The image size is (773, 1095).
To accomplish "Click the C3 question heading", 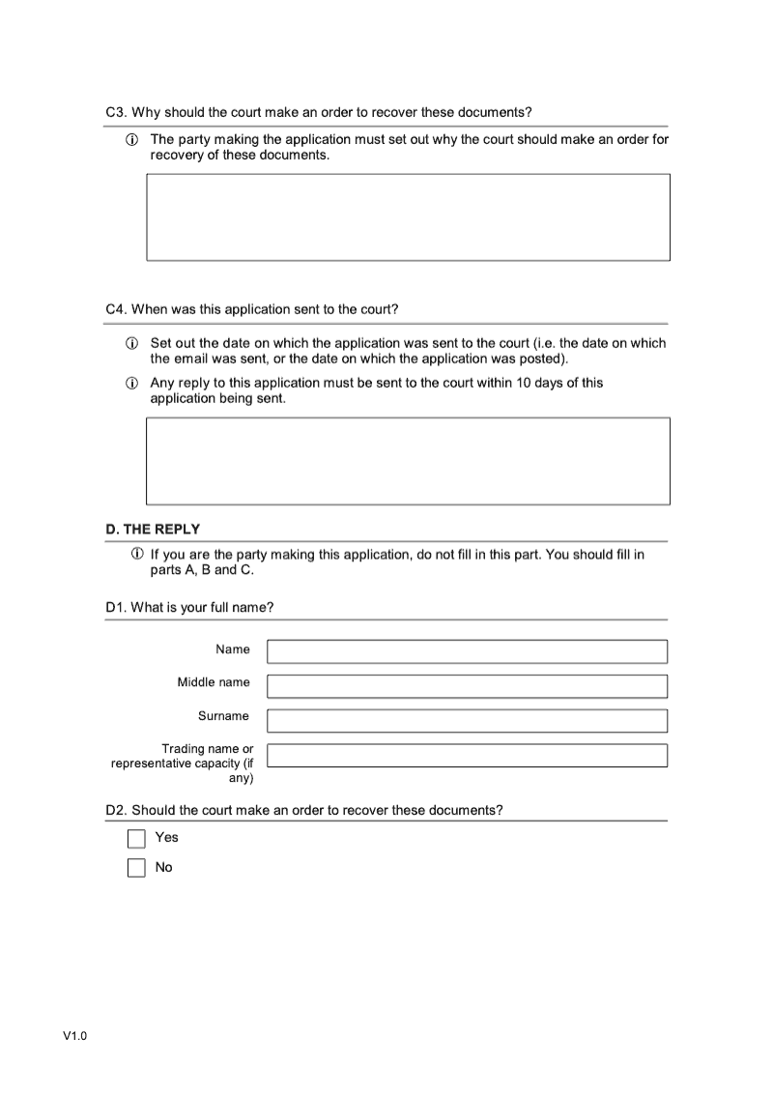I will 318,112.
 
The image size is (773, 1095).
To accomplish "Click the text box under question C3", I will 408,217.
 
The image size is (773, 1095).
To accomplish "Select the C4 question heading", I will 251,309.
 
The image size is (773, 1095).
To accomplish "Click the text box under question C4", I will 408,461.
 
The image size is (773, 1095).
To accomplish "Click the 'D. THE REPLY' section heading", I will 153,529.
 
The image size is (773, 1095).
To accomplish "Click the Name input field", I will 467,651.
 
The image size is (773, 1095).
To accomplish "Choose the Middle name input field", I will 467,686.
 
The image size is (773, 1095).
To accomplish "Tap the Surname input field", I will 467,721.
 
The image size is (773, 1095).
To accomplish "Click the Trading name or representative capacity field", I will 467,755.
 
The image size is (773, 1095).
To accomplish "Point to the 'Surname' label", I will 223,716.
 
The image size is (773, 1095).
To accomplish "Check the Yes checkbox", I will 136,838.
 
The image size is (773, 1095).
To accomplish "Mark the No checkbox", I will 136,868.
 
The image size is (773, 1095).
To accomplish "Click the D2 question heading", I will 303,809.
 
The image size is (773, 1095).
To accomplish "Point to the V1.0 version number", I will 75,1037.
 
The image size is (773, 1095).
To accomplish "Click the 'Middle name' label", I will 213,682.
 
